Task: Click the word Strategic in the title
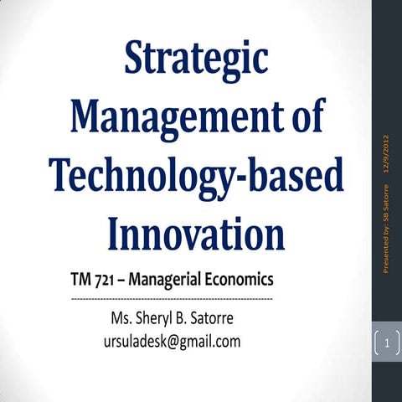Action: (197, 59)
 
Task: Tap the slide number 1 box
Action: (386, 343)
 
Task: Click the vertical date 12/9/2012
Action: (386, 154)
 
